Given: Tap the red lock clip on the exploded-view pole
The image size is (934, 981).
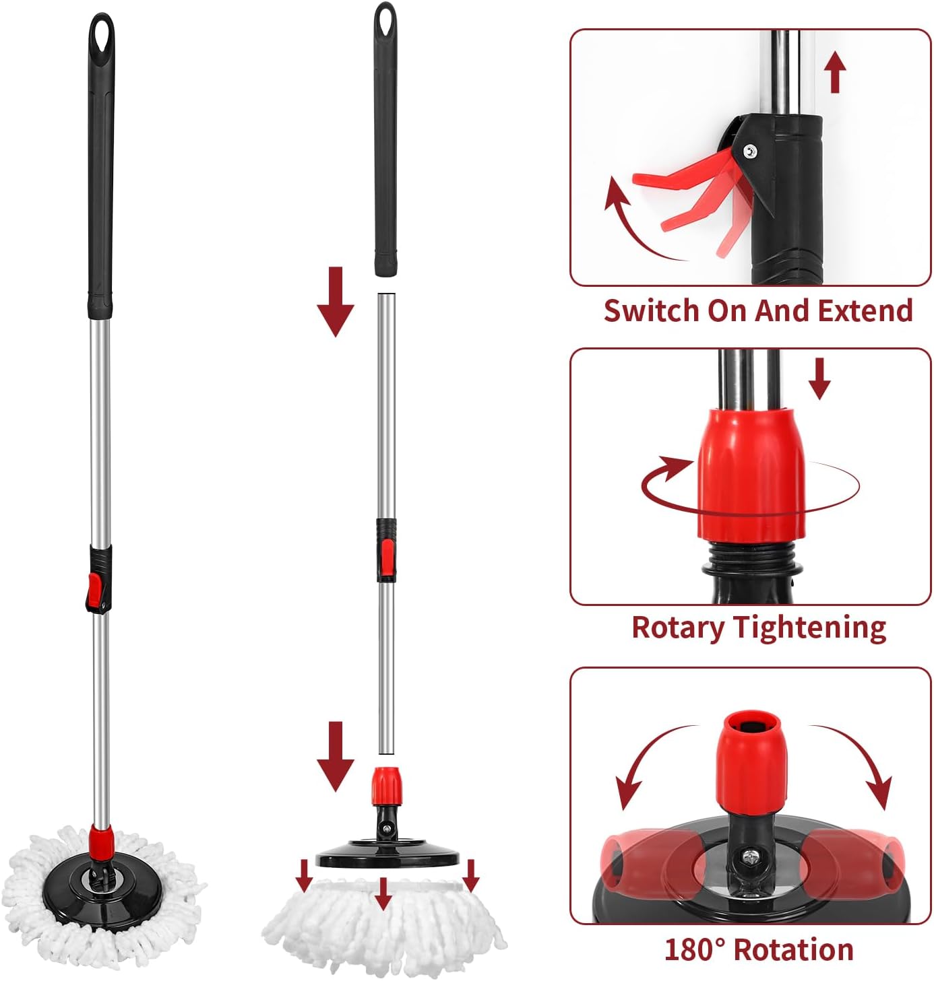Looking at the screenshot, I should click(386, 554).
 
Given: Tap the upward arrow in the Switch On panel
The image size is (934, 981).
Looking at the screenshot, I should click(836, 73).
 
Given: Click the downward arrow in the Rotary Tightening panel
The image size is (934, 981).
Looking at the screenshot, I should click(819, 378).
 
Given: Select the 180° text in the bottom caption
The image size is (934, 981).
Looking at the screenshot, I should click(694, 950).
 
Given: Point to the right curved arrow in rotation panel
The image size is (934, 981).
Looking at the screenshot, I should click(863, 761).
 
